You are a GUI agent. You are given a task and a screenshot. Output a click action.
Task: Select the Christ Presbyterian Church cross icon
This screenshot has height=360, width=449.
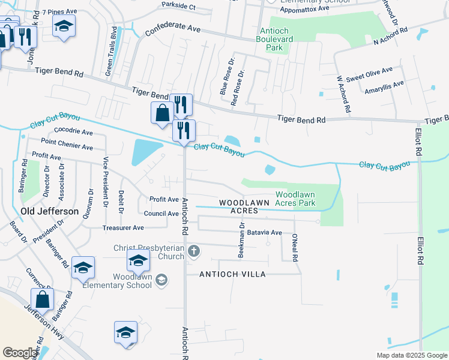click(x=193, y=251)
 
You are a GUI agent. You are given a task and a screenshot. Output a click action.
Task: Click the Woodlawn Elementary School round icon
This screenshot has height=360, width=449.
click(x=161, y=280)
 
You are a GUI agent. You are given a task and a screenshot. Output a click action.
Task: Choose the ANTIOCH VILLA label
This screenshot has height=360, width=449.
click(x=232, y=274)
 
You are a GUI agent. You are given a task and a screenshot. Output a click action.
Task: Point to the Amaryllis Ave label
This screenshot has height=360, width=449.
click(x=384, y=88)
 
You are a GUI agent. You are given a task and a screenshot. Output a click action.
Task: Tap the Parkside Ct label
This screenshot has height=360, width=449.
click(x=179, y=6)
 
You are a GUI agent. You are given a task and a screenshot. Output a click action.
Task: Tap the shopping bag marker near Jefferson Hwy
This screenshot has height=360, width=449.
click(x=42, y=299)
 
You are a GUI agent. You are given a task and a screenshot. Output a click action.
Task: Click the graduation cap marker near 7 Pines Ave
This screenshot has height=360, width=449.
click(x=64, y=26)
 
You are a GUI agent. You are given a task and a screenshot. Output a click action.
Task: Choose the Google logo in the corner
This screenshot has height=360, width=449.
click(x=20, y=353)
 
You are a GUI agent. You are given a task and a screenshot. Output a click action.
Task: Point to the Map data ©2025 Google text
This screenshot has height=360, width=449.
click(x=411, y=355)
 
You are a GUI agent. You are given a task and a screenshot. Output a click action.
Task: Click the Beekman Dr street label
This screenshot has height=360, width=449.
click(x=241, y=240)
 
